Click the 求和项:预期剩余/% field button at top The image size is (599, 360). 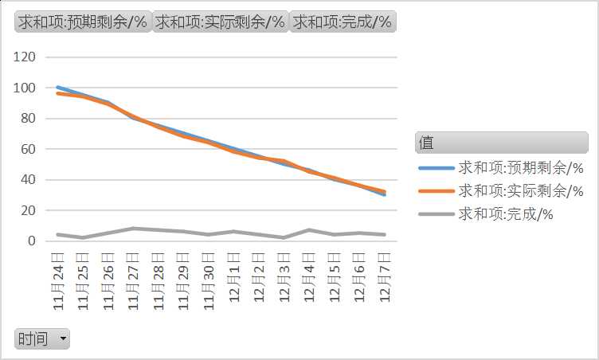83,22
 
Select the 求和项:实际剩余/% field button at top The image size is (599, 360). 220,22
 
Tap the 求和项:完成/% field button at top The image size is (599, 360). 343,22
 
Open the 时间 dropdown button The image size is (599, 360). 42,338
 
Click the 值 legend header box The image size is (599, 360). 501,143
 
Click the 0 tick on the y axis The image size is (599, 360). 33,241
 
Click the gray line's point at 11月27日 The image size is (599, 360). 133,229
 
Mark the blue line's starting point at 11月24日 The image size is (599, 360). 58,88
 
